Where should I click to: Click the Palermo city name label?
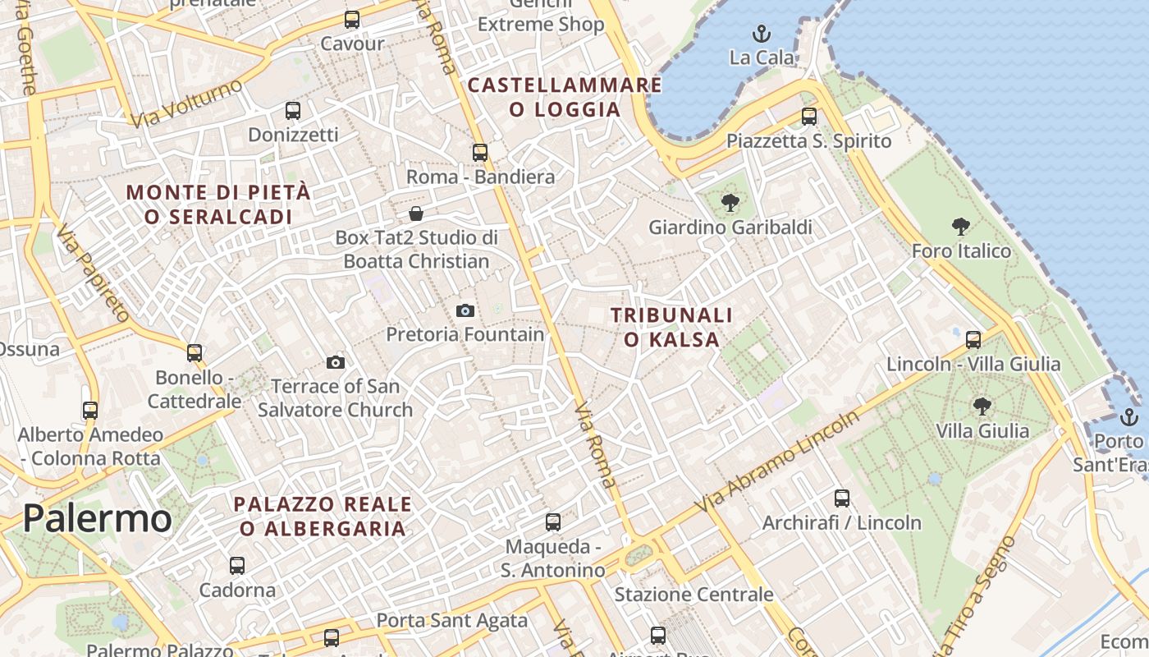pos(97,518)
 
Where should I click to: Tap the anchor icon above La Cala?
pos(762,34)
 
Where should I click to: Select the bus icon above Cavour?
pos(352,20)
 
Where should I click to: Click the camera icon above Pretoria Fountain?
pos(465,310)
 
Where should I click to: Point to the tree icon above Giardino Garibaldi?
pos(730,203)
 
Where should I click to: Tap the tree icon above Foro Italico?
pos(961,227)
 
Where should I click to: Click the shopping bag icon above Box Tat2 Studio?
pos(416,214)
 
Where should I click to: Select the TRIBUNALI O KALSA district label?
pos(671,327)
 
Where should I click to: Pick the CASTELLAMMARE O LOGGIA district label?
pos(565,97)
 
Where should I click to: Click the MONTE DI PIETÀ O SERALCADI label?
pos(218,204)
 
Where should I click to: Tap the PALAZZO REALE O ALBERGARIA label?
pos(323,516)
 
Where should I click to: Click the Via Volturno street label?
pos(187,103)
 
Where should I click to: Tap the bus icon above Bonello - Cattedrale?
pos(195,352)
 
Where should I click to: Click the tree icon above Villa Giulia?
pos(982,406)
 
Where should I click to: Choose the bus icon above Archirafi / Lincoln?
pos(841,498)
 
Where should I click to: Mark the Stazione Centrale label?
pos(694,594)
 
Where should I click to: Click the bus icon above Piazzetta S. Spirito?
pos(809,117)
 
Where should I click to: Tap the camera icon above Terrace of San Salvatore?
pos(335,362)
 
